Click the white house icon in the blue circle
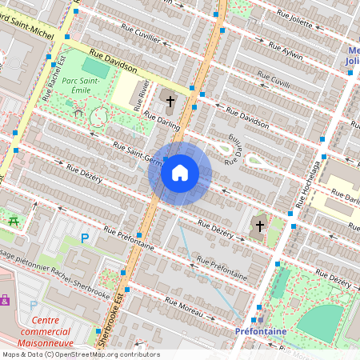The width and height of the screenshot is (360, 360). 180,173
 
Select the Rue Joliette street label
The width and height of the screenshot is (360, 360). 294,18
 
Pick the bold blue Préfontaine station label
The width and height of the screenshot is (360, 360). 262,330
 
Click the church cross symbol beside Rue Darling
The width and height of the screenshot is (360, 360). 170,100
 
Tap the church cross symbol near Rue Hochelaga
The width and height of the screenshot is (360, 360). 258,226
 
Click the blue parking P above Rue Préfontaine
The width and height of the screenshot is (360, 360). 85,238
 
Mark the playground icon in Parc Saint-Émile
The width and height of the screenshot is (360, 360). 78,113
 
